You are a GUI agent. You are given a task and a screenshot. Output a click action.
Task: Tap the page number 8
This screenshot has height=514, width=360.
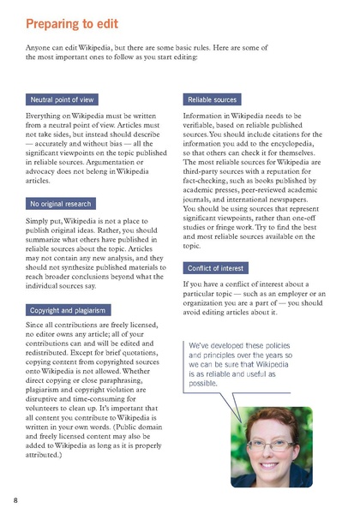coord(15,499)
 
